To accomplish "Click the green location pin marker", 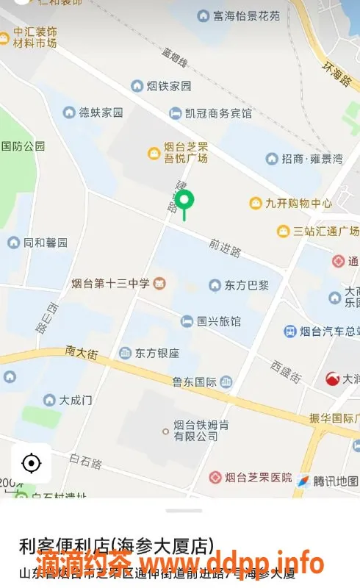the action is [x=185, y=201].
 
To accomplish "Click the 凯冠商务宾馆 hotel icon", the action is [x=176, y=113].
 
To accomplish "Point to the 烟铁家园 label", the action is [x=168, y=86].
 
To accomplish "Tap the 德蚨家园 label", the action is [x=101, y=112].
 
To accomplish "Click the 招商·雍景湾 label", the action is [x=312, y=159].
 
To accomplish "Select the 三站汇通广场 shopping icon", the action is [x=283, y=231].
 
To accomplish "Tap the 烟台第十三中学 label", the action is [x=110, y=283].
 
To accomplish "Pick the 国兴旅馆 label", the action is [x=219, y=321].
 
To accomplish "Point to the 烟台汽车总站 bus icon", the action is [x=290, y=331].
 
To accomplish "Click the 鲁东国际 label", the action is [x=194, y=381].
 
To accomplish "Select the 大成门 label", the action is [x=76, y=401].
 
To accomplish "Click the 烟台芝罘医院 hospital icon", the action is [x=215, y=478].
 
